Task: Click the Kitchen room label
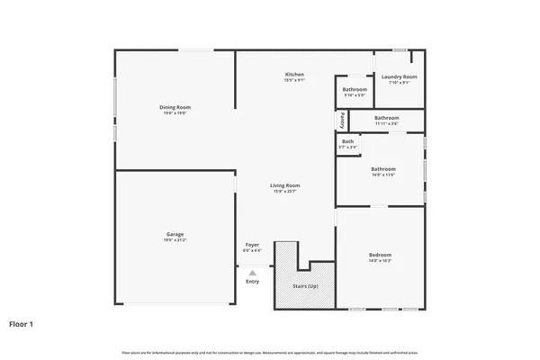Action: coord(294,74)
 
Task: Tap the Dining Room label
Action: coord(175,107)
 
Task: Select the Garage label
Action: coord(175,234)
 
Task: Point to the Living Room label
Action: coord(285,185)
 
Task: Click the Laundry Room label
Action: coord(397,77)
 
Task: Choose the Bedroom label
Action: coord(380,255)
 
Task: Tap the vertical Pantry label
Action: coord(343,119)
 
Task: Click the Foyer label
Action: coord(253,245)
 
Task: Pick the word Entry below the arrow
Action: coord(252,282)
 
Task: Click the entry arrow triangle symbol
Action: coord(253,272)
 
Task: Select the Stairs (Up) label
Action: coord(305,286)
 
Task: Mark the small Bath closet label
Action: coord(347,140)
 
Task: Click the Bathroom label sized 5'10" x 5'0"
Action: coord(355,89)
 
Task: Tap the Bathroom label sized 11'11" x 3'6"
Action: coord(387,117)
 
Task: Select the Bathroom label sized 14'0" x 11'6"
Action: coord(383,168)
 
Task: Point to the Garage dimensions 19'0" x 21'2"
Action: coord(175,240)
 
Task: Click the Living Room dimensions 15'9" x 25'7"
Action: coord(285,192)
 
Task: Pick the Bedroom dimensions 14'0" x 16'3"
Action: coord(380,261)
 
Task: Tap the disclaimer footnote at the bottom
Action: coord(270,351)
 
